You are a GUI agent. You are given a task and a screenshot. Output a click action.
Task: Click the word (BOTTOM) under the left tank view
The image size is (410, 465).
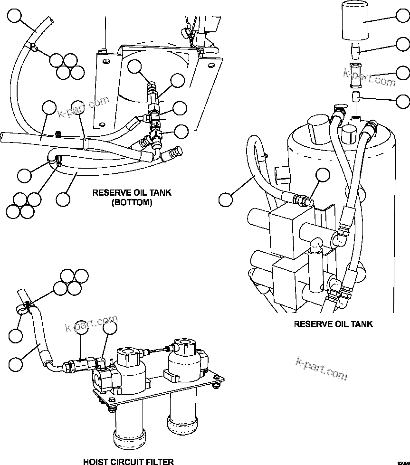132,202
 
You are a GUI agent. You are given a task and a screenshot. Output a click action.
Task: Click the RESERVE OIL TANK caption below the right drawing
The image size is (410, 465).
333,324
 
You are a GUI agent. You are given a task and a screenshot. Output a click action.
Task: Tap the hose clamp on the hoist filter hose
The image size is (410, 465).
27,306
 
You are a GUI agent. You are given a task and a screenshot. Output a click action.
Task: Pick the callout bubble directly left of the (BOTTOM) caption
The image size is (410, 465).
63,199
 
